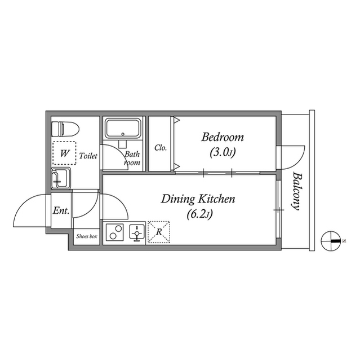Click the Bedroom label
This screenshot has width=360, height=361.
point(222,137)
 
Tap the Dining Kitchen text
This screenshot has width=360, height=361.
point(198,199)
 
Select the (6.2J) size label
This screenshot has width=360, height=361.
point(198,214)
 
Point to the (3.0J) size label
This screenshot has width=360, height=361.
point(222,152)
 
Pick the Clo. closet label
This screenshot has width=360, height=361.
point(161,148)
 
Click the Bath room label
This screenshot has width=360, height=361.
point(132,157)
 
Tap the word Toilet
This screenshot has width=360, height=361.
point(88,155)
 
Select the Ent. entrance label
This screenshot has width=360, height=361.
point(61,212)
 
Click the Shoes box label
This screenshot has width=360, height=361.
point(87,237)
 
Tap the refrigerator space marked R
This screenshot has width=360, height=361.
point(159,232)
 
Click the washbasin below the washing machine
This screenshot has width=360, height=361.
point(60,179)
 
